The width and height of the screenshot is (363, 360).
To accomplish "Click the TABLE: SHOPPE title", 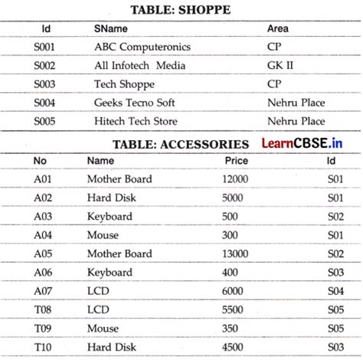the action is [181, 10].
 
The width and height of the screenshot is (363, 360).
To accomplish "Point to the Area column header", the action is [278, 28].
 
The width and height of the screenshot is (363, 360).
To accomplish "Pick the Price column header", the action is [236, 161].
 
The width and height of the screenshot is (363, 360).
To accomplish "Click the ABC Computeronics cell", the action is [142, 47].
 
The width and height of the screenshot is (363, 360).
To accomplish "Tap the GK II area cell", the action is [280, 65].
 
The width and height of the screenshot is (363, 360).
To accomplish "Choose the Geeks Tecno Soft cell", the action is [135, 102].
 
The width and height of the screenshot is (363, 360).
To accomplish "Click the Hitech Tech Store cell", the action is [136, 121].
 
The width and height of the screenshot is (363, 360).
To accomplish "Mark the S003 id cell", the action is [45, 83].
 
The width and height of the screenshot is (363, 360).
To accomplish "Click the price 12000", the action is [235, 179].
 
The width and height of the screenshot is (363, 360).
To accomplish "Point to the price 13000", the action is [235, 254].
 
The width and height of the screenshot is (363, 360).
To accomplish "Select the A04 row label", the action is [42, 235].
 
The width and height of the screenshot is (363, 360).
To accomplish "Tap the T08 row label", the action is [42, 309].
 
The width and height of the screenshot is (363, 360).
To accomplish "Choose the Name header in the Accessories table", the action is [100, 161].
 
